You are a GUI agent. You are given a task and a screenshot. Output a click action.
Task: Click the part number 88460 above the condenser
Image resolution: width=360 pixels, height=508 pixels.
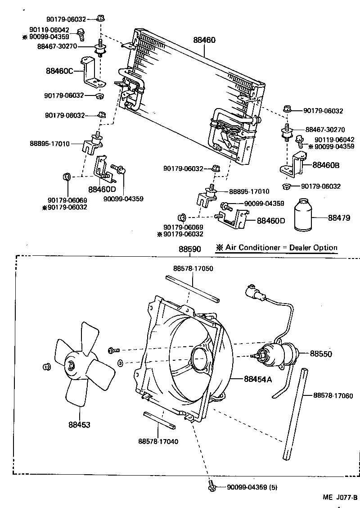coord(205,40)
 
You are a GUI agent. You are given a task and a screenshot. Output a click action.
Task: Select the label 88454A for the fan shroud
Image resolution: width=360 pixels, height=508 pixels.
coord(258,379)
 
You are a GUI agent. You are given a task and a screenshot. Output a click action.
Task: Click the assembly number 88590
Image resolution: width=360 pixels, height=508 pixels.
coord(189,249)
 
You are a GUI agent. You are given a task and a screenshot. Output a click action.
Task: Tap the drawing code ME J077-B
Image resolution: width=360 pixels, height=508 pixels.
coord(339,498)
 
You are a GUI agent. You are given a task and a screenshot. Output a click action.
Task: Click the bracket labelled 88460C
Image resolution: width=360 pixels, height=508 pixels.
coord(91,74)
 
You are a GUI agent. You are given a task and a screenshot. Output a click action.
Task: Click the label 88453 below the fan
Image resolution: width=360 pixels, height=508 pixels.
coord(79,424)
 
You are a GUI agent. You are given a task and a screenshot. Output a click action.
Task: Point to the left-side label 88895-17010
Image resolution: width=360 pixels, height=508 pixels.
coord(50,144)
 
